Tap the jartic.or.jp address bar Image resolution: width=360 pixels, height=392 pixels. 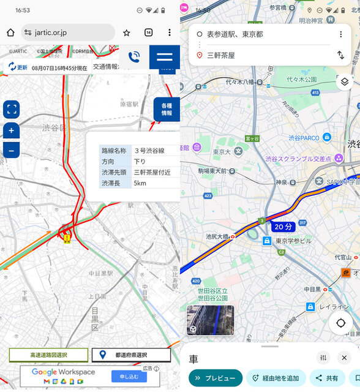click(x=67, y=32)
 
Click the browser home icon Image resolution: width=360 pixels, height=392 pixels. click(x=10, y=32)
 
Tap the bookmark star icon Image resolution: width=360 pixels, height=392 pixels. click(x=126, y=32)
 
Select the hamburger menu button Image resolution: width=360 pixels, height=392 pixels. click(x=165, y=57)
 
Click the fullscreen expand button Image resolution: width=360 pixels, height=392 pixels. click(x=11, y=110)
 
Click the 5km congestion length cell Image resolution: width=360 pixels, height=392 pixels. click(x=155, y=183)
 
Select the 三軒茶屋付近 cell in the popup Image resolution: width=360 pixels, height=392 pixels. click(x=155, y=172)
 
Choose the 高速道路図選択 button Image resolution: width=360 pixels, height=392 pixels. click(x=49, y=355)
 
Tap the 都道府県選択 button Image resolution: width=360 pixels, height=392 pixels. click(x=131, y=355)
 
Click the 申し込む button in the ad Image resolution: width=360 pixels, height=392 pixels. click(x=129, y=376)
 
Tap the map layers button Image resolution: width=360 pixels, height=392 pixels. click(x=344, y=81)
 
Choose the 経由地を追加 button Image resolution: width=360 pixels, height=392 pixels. click(x=276, y=379)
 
